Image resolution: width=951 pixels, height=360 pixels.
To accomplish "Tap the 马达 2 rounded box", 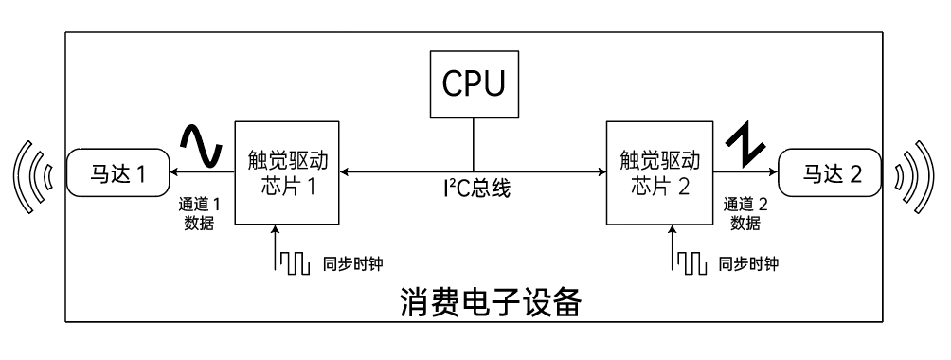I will click(x=829, y=173).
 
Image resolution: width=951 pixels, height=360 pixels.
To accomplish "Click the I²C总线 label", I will click(x=479, y=189).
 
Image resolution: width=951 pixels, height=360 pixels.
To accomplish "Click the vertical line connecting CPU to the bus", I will click(x=473, y=145).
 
